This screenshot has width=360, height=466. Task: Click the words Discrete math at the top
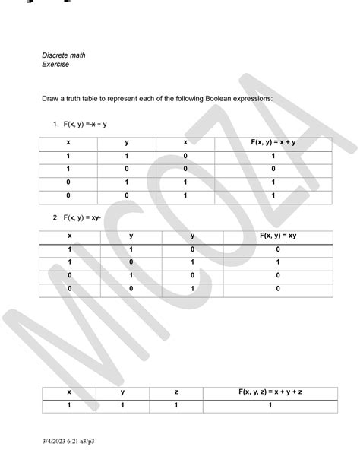(64, 55)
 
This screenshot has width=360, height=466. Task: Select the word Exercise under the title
(55, 65)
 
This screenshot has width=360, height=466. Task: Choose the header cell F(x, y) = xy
(277, 236)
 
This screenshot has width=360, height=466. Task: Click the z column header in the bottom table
(176, 392)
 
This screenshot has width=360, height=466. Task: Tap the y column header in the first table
(127, 143)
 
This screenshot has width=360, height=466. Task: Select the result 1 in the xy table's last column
(277, 262)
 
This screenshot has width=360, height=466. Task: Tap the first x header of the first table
(68, 143)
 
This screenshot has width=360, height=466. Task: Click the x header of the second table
(69, 236)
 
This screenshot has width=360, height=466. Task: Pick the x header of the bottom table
(68, 392)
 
